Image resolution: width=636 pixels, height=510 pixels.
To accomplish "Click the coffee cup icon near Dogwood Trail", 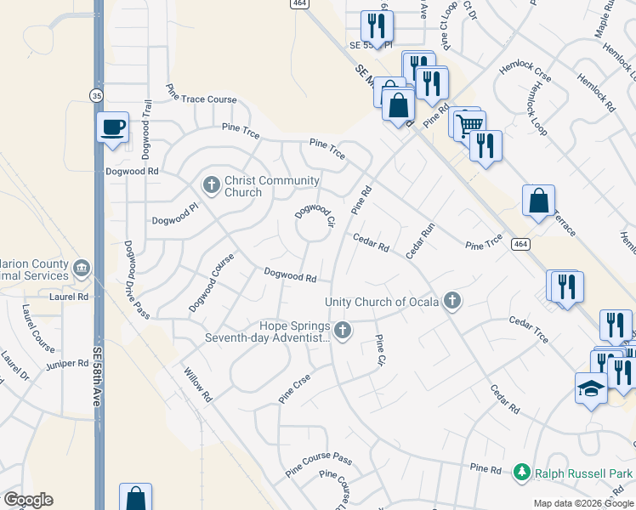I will coord(112,127).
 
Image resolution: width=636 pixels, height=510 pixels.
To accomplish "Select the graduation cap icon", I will coord(591,388).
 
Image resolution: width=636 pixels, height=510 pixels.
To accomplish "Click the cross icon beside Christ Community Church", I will coord(212,184).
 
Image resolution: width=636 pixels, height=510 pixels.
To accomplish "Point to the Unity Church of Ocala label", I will coord(382,302).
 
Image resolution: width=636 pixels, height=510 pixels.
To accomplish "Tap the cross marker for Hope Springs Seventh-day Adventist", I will coord(343,331).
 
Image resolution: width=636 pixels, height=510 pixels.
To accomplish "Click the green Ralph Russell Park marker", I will coord(522,472).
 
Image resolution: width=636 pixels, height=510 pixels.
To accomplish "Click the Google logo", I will coord(28,500).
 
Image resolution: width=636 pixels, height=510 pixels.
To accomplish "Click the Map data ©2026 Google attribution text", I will coord(582,502).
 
